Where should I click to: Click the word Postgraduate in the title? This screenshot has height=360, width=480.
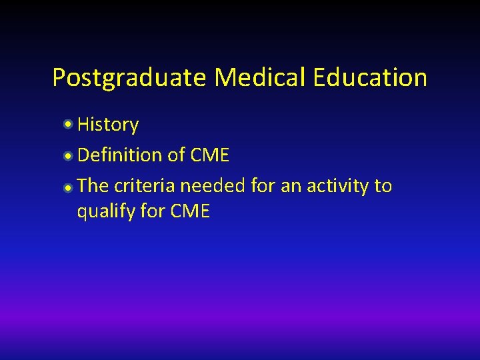tap(129, 78)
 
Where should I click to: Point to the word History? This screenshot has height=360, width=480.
tap(108, 125)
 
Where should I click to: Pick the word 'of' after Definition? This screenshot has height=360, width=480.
tap(176, 155)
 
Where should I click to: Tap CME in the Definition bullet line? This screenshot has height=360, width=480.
tap(209, 155)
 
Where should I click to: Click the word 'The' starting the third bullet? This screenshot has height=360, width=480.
tap(93, 185)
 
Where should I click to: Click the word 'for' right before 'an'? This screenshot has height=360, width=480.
tap(263, 185)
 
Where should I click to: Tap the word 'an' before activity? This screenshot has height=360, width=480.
tap(291, 185)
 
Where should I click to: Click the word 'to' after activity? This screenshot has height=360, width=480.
tap(383, 185)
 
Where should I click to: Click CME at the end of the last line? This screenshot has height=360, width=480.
tap(191, 212)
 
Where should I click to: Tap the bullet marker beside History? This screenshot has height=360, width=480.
tap(69, 124)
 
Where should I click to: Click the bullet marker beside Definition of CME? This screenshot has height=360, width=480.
tap(69, 155)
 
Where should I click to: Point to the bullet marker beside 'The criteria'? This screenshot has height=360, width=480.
tap(69, 187)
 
